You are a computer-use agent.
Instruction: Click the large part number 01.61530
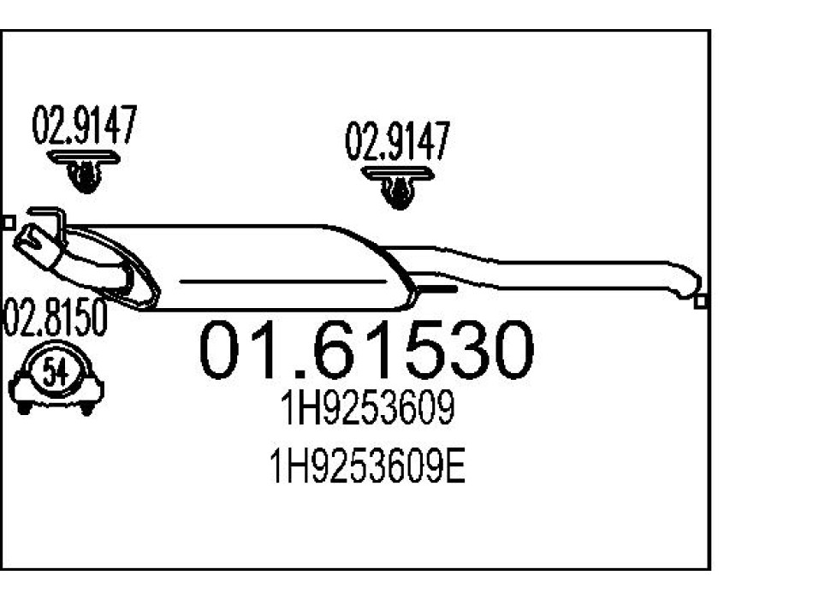[x=366, y=351]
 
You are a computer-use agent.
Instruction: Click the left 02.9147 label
[x=84, y=128]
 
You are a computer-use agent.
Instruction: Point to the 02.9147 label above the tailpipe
[x=396, y=141]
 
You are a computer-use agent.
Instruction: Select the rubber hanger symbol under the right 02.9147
[x=397, y=187]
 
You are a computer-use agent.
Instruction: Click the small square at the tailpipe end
[x=701, y=301]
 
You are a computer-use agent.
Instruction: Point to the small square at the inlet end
[x=8, y=222]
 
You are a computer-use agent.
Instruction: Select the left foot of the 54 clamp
[x=25, y=407]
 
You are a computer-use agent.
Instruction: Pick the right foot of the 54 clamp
[x=86, y=408]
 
